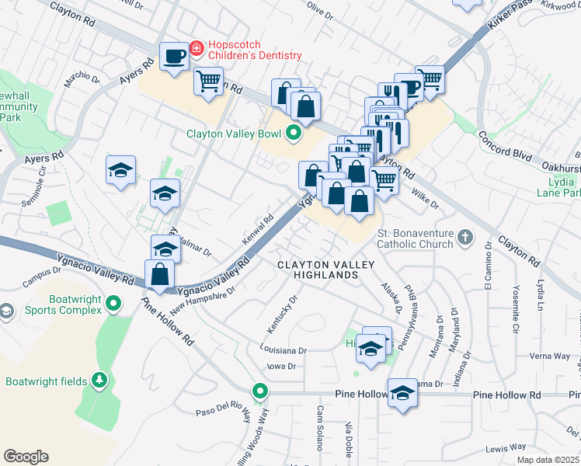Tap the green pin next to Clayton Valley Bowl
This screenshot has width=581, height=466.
(294, 134)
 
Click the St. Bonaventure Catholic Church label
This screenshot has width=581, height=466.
(416, 238)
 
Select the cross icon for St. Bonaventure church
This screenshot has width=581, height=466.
(464, 237)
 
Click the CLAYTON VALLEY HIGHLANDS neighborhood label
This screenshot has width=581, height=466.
(327, 270)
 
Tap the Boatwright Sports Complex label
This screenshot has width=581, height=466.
(54, 304)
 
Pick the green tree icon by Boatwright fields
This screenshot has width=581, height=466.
(99, 381)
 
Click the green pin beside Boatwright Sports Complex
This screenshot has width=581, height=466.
(115, 303)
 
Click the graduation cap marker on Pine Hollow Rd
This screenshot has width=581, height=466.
(403, 394)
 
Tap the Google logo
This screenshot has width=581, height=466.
(26, 457)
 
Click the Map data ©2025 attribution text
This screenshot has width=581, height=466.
(548, 460)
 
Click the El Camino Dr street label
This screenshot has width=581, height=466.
(489, 268)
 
